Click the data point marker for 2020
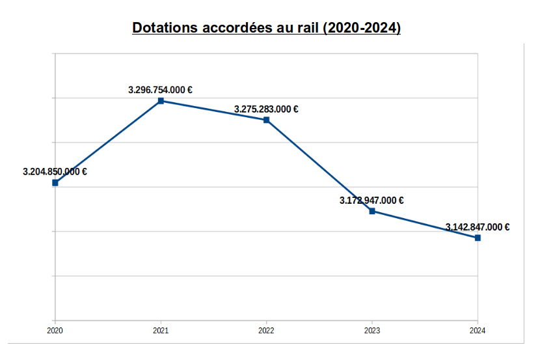[x=55, y=183]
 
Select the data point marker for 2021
[x=161, y=101]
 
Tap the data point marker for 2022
[x=266, y=120]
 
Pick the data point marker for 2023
[x=372, y=211]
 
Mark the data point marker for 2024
[x=477, y=238]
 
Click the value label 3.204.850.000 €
[x=55, y=172]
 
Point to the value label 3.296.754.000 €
[x=160, y=90]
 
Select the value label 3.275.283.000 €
[x=266, y=109]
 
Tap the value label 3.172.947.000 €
[x=371, y=201]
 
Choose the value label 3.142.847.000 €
[x=477, y=227]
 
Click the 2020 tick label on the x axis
[x=55, y=331]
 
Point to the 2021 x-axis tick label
[x=161, y=331]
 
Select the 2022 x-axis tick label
[x=266, y=331]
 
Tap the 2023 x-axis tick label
[x=372, y=331]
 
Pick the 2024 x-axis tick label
[x=477, y=331]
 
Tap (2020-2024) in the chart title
[x=362, y=29]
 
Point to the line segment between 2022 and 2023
[x=319, y=165]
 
